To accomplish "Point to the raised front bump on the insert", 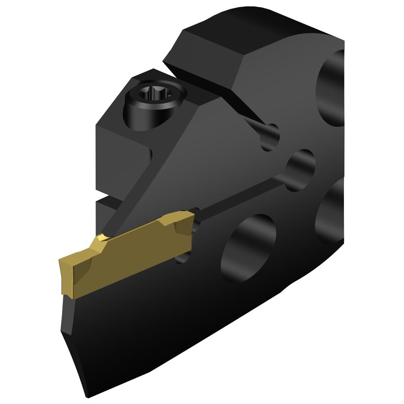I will point(101,241).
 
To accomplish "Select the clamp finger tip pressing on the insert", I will point(110,232).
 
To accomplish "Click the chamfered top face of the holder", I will point(208,47).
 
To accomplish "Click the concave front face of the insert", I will point(66,279).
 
